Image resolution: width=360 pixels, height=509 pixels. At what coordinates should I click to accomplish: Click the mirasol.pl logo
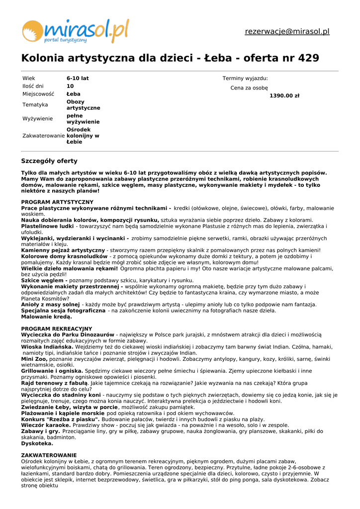point(75,31)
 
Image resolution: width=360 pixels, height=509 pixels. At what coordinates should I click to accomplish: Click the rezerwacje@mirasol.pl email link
point(287,31)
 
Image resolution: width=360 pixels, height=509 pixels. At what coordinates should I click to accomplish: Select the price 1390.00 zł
point(284,95)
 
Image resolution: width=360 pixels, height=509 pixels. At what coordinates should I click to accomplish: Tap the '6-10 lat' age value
point(78,79)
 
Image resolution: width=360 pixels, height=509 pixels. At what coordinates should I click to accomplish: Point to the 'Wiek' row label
point(29,79)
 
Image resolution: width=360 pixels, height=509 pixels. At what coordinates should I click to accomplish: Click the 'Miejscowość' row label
point(38,94)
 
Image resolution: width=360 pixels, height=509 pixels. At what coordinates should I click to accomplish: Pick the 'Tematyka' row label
point(35,105)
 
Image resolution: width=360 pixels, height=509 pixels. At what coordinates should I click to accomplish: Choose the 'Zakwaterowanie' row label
point(44,136)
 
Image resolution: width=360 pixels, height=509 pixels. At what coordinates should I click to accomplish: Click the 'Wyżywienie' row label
point(38,119)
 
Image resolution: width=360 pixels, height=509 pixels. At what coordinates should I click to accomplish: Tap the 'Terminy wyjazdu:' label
point(245,79)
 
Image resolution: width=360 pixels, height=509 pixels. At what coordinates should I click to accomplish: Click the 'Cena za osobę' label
point(249,88)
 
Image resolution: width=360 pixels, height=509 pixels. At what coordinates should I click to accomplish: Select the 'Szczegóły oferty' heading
point(49,161)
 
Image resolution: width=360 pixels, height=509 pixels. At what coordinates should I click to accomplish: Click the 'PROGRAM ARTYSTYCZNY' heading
point(57,202)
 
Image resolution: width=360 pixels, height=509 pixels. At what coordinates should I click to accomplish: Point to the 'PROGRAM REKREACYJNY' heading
point(57,329)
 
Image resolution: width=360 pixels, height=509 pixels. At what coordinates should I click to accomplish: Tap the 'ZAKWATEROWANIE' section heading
point(49,455)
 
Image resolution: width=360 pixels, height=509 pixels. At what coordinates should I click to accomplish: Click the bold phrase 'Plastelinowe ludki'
point(47,226)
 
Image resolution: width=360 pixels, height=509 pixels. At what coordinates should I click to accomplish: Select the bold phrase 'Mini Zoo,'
point(34,359)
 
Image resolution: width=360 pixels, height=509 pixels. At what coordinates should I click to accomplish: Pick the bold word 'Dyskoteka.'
point(37,443)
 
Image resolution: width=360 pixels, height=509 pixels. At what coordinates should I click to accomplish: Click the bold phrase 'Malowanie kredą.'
point(46,317)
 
